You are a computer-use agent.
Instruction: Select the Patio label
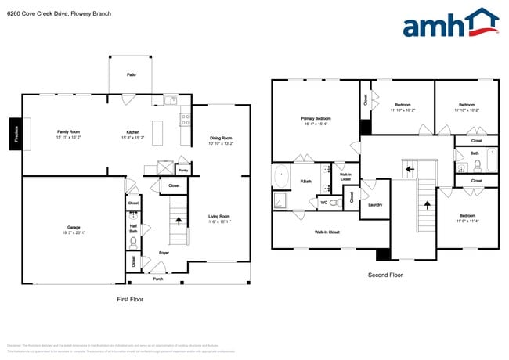[x=132, y=74]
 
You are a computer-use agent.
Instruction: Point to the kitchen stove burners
[x=186, y=120]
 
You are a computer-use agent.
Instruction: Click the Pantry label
[x=183, y=169]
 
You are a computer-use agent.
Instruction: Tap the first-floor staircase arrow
[x=179, y=221]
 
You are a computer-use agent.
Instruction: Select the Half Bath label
[x=133, y=229]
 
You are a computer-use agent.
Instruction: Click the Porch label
[x=157, y=279]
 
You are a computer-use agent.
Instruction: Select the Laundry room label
[x=375, y=205]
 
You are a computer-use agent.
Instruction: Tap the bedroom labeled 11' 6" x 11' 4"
[x=467, y=218]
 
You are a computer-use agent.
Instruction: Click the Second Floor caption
[x=385, y=275]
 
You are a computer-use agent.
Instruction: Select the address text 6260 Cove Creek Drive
[x=35, y=14]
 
